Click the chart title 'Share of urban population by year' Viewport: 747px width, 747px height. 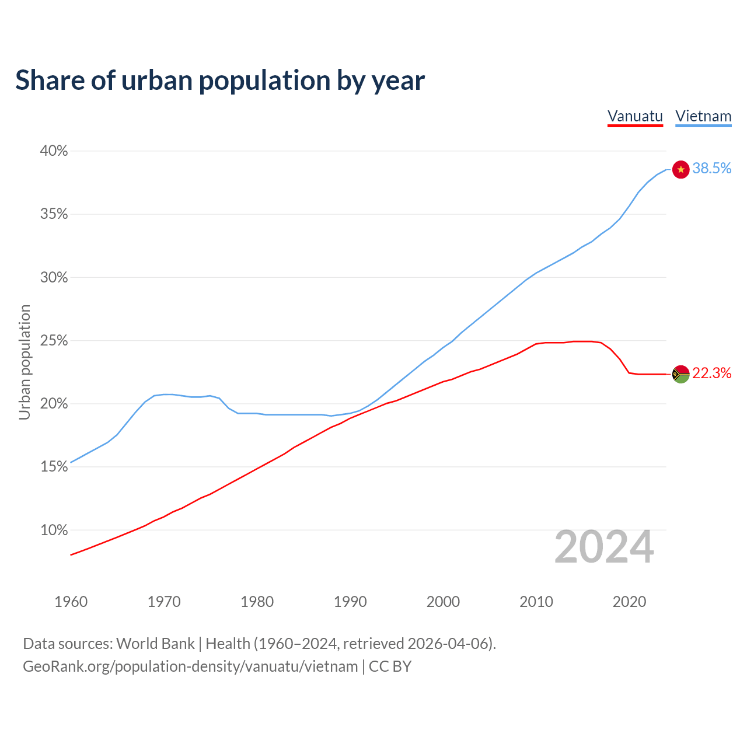pos(219,81)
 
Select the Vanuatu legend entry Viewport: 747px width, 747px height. pos(635,116)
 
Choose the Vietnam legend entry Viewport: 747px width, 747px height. pos(703,116)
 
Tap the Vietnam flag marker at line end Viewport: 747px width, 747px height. pos(681,169)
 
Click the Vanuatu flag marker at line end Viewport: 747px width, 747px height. pos(681,373)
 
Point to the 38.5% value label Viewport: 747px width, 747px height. pos(712,169)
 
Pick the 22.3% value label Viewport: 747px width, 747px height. pos(712,373)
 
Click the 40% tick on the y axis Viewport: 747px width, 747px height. pos(54,151)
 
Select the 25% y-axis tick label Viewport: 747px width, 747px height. pos(54,341)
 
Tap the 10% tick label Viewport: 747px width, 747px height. pos(54,530)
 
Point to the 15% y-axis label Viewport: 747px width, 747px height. pos(54,467)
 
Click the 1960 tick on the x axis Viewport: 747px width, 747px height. pos(71,602)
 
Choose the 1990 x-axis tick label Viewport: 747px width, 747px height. pos(350,602)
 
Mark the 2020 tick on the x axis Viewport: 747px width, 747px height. pos(629,602)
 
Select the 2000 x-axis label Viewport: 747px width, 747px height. pos(443,602)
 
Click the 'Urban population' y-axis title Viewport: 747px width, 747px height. pos(25,362)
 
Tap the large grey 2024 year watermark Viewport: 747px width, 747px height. pos(604,547)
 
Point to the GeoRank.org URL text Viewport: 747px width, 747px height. pos(190,666)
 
